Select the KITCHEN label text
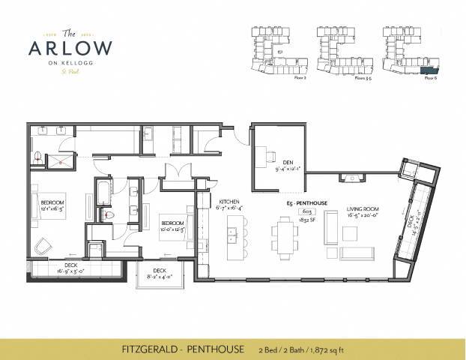click(229, 202)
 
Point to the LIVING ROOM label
click(363, 210)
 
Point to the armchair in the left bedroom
click(43, 244)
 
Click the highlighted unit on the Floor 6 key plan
click(429, 70)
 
